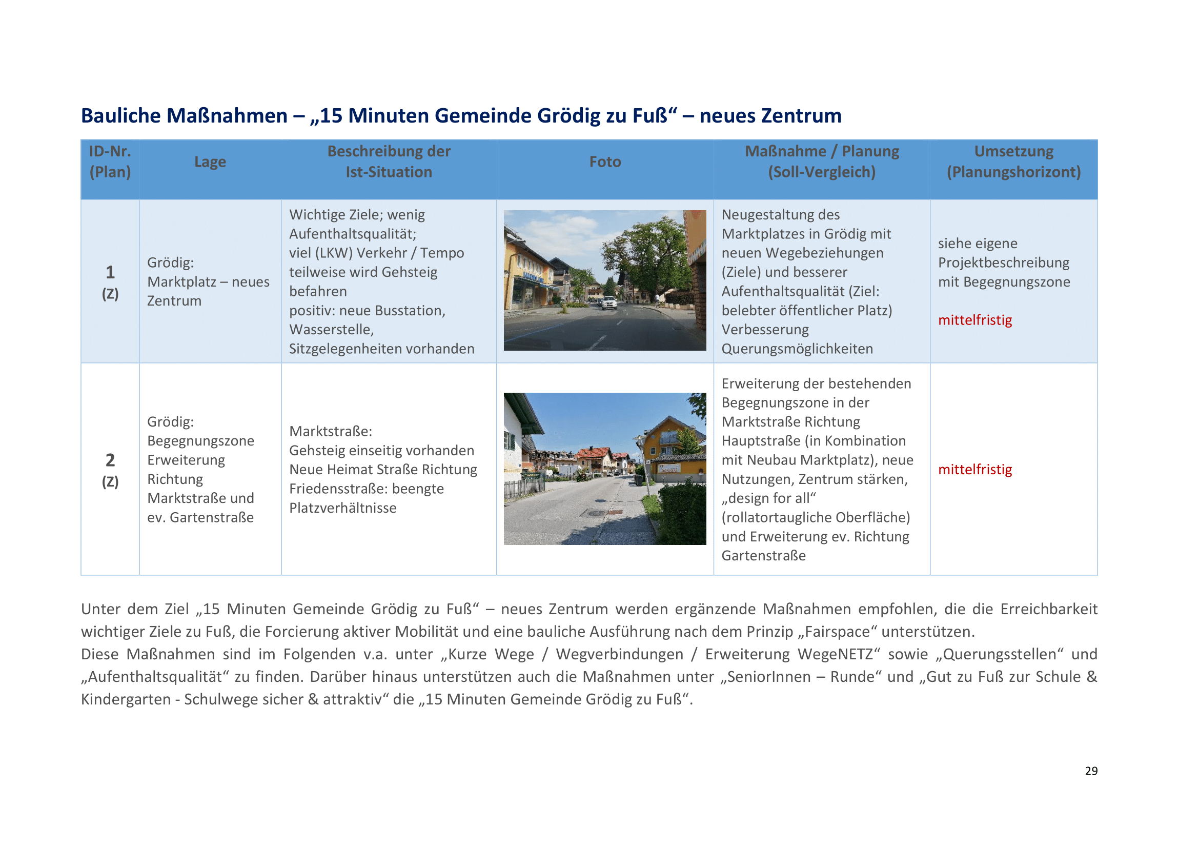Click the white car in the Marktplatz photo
point(609,302)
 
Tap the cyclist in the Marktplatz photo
point(657,299)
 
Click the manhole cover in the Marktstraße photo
point(596,514)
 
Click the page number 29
point(1091,771)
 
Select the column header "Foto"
point(605,162)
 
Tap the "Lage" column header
point(210,162)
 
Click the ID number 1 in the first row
point(110,272)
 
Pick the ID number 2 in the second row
point(110,460)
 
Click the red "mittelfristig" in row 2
point(974,470)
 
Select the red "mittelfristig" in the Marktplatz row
point(974,320)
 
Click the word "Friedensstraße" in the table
point(337,489)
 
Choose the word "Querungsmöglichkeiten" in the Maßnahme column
point(797,349)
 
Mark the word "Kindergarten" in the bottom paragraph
point(125,699)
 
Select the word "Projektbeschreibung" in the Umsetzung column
point(1003,263)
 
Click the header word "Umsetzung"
point(1013,151)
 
